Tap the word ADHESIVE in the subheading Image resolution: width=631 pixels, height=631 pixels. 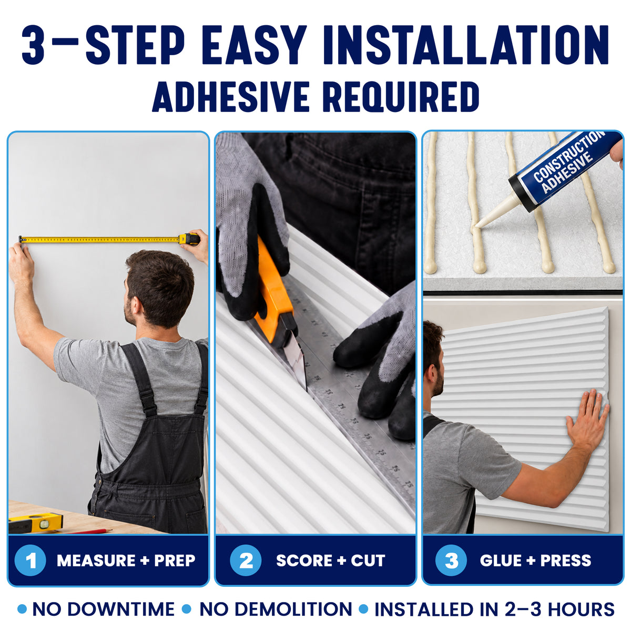tap(231, 97)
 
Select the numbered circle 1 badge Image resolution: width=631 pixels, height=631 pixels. tap(30, 560)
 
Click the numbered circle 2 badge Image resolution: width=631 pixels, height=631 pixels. tap(246, 560)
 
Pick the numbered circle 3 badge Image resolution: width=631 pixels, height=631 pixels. tap(451, 560)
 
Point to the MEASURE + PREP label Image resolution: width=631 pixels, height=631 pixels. tap(126, 561)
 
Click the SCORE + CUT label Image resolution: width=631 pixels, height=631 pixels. tap(331, 561)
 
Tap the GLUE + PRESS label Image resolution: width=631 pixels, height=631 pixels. tap(536, 561)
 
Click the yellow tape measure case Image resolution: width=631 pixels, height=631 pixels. tap(189, 239)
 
